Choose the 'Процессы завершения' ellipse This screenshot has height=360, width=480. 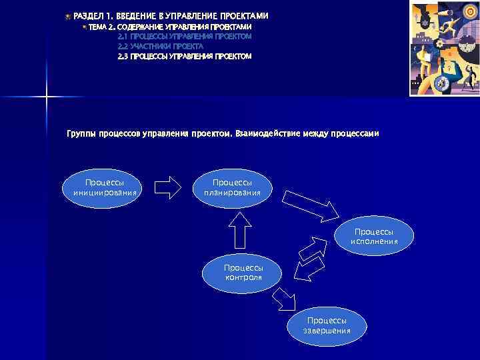click(x=327, y=326)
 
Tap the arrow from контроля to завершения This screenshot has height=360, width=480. click(x=286, y=299)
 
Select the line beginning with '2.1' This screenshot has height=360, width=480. click(x=184, y=36)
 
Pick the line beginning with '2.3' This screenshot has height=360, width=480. click(x=184, y=57)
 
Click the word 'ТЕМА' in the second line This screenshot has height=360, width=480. click(x=97, y=26)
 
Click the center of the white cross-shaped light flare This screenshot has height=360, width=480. click(x=47, y=97)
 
